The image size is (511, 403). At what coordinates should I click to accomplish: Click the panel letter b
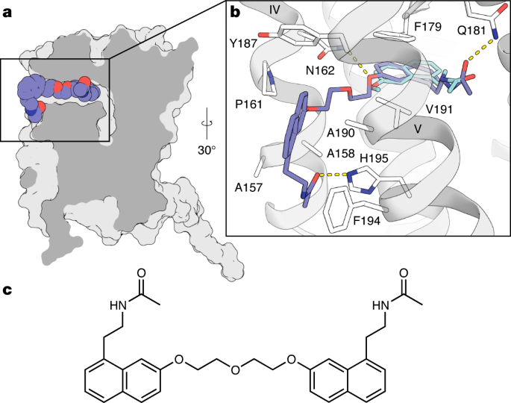click(236, 13)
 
